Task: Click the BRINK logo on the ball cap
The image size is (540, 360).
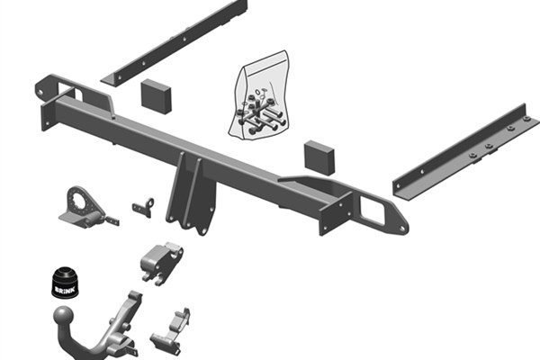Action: point(65,290)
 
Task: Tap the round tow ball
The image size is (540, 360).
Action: point(63,316)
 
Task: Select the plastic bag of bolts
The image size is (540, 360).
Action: point(260,96)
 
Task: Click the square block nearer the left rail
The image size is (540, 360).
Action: point(156,96)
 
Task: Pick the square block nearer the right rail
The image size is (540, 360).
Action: point(319,157)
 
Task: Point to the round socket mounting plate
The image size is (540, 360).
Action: point(82,207)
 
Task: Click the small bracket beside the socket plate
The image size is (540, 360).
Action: point(143,207)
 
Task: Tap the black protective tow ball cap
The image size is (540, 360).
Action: point(65,283)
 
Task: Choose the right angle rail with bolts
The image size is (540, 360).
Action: point(465,152)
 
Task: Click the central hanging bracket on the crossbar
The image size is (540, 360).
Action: point(191,194)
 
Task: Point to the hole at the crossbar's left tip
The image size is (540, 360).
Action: point(40,92)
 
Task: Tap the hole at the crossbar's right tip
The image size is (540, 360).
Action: point(401,229)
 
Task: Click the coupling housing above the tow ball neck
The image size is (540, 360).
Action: point(161,263)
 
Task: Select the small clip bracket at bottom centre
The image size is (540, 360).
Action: point(171,331)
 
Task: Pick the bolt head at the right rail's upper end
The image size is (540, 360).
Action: point(526,119)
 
